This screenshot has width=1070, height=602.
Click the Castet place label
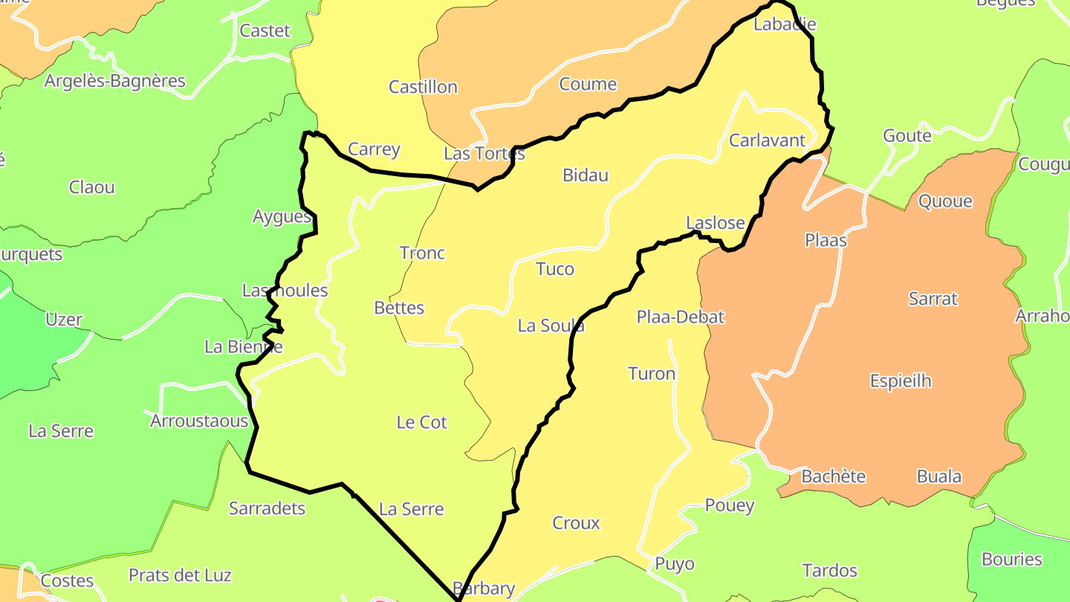click(265, 31)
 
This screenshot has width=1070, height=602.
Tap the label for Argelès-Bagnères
click(114, 81)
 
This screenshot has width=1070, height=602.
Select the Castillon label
click(423, 87)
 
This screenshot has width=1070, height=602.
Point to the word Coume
click(588, 84)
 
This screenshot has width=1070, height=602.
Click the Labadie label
click(785, 24)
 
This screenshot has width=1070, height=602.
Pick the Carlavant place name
click(767, 140)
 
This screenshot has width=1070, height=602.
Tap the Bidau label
click(586, 175)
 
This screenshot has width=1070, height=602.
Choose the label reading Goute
click(907, 136)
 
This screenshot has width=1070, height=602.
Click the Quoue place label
click(945, 201)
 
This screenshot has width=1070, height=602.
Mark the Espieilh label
click(901, 381)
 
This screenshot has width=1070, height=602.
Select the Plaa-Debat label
click(680, 317)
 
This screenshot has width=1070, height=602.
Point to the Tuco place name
click(555, 269)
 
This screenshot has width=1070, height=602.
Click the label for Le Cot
click(422, 422)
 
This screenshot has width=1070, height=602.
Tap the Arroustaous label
click(199, 421)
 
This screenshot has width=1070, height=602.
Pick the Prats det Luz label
click(180, 575)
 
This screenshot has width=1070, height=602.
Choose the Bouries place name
click(1012, 559)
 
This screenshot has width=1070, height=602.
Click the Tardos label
click(829, 571)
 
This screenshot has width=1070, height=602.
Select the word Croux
click(576, 523)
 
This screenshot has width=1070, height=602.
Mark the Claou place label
click(92, 187)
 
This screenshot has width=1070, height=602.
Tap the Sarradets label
click(267, 509)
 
